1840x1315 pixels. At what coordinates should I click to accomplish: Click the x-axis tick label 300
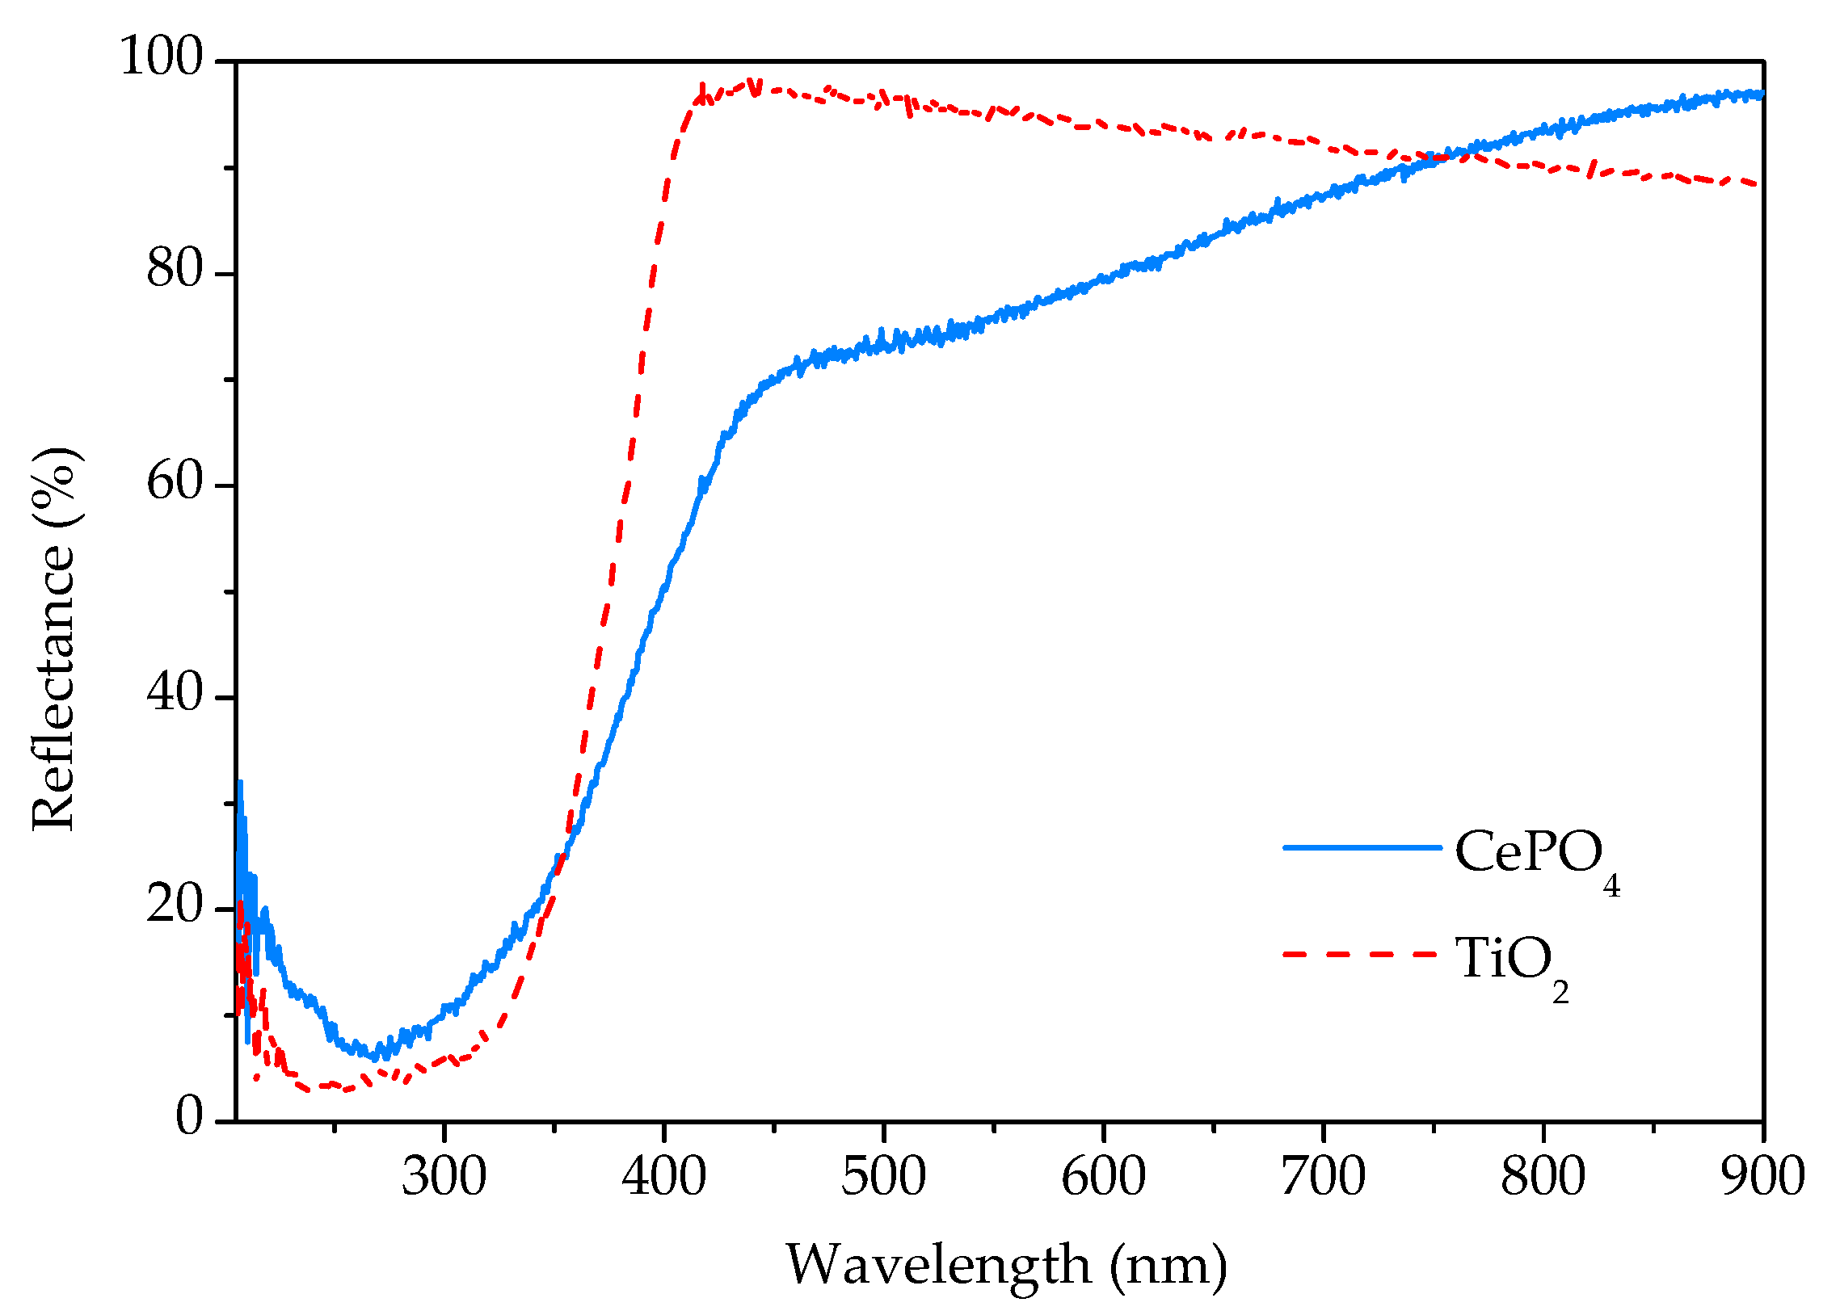pos(444,1177)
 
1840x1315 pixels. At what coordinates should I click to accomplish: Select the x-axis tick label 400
pos(663,1177)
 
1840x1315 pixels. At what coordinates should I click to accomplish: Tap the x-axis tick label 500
pos(882,1177)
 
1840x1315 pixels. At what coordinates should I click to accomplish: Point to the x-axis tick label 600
pos(1103,1177)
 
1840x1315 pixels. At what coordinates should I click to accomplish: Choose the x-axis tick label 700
pos(1323,1177)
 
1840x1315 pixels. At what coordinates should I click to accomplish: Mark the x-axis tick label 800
pos(1542,1177)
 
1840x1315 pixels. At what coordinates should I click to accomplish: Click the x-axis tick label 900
pos(1762,1177)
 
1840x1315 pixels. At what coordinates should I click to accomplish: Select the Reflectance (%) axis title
pos(55,640)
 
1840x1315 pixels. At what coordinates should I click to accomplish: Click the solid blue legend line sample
pos(1362,848)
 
